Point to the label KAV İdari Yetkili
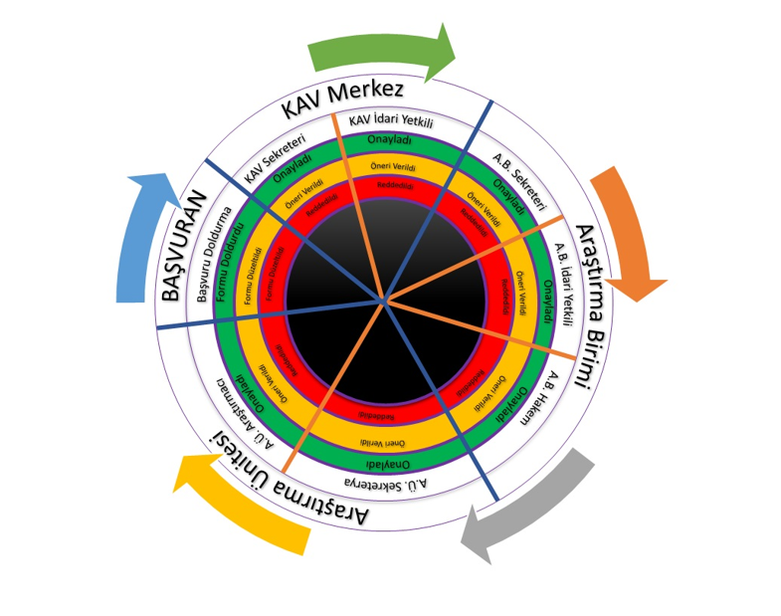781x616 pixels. (x=391, y=121)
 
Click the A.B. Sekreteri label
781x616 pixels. (x=521, y=180)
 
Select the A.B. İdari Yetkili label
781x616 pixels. (x=564, y=285)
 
